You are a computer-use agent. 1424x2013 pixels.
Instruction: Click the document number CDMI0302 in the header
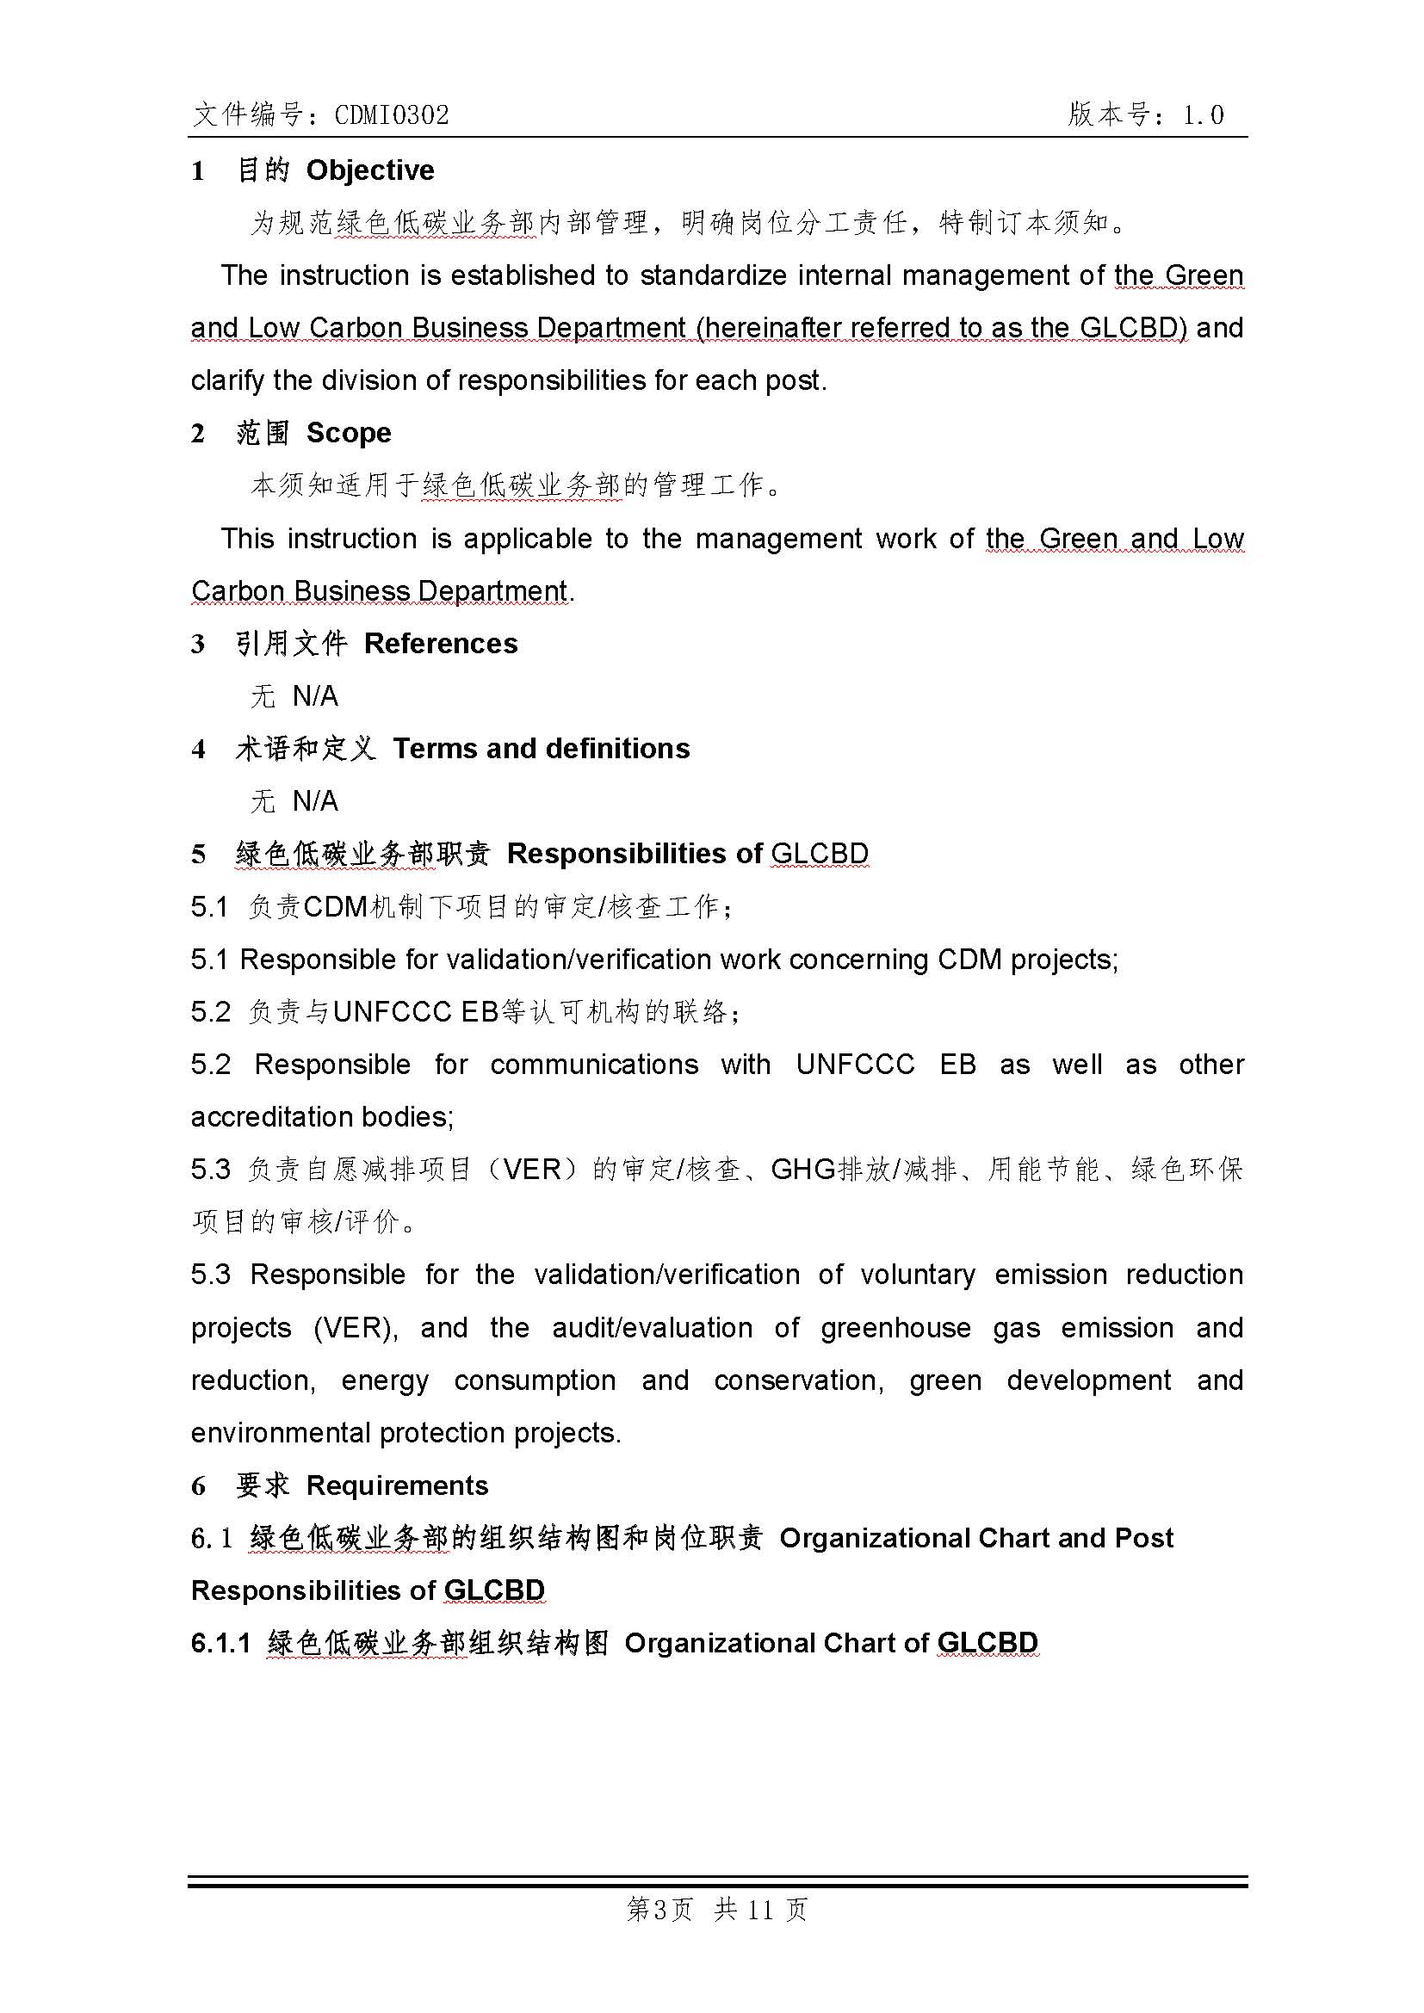click(x=392, y=114)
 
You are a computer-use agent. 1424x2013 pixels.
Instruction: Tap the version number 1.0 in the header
click(x=1202, y=114)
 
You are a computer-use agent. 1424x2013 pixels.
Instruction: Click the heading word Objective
click(x=370, y=170)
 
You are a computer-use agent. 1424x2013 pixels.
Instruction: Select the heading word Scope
click(x=348, y=433)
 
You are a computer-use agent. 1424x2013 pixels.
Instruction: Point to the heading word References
click(x=440, y=644)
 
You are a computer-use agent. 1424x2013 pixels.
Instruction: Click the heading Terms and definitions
click(x=541, y=749)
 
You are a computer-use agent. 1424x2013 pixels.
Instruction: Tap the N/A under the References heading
click(x=315, y=696)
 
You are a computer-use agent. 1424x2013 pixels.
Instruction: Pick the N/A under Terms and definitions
click(x=315, y=801)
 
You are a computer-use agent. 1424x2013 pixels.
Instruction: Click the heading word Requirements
click(x=397, y=1485)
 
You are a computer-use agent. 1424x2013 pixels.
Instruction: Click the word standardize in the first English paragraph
click(x=713, y=275)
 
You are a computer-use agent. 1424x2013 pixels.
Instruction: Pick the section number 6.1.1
click(x=220, y=1643)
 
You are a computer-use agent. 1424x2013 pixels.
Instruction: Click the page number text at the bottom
click(x=717, y=1909)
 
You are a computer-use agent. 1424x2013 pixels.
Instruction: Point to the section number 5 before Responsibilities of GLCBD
click(x=199, y=854)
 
